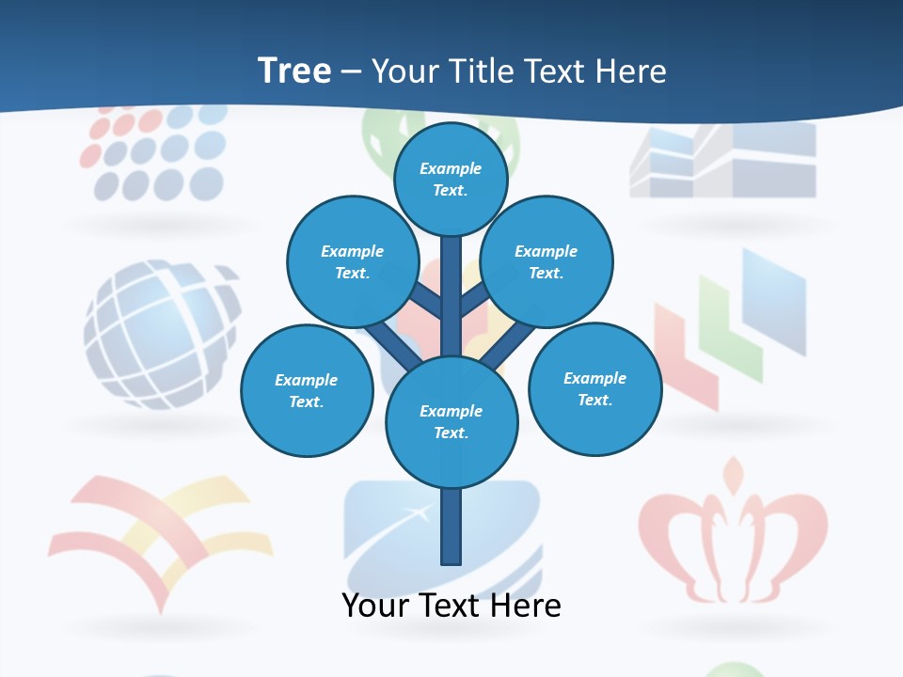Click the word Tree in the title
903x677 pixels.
tap(293, 71)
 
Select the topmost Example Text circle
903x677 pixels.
tap(451, 179)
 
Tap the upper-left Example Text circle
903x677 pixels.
tap(352, 262)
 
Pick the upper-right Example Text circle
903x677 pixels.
tap(547, 262)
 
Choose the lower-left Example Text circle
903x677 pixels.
tap(307, 390)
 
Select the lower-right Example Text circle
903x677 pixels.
tap(595, 388)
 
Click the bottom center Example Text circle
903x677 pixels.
tap(451, 422)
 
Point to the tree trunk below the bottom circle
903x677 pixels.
tap(451, 527)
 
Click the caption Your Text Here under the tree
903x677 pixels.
tap(451, 606)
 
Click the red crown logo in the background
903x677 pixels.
tap(733, 531)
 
